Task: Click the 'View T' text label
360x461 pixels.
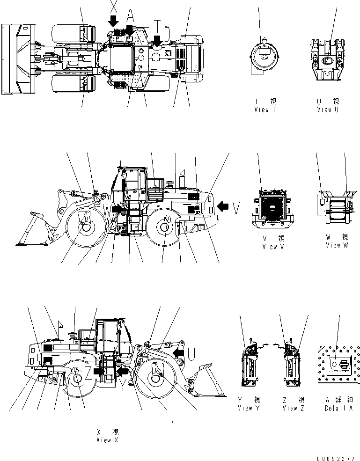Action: (264, 110)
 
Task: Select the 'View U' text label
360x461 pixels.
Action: (327, 110)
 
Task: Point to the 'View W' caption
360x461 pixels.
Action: (337, 245)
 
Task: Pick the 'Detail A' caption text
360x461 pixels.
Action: (338, 408)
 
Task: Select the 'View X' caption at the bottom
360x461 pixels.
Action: (107, 439)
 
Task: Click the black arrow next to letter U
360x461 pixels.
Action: (178, 351)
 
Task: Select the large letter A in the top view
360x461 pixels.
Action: (131, 15)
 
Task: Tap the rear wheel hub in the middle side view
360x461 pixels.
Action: (164, 228)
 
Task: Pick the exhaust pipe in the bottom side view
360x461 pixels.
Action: (60, 329)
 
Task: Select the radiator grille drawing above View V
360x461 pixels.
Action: (271, 205)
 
